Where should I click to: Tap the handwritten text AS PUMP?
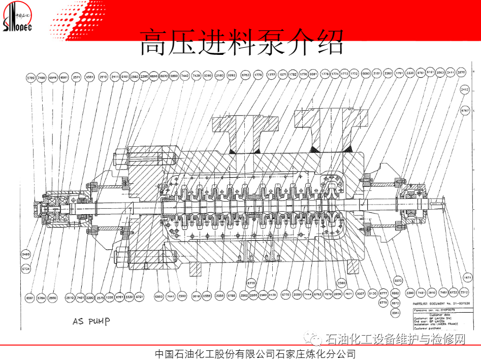pos(91,321)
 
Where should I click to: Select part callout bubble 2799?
pos(31,77)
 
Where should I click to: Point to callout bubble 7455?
pos(42,77)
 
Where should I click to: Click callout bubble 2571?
pos(77,77)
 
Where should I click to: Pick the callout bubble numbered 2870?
pos(461,73)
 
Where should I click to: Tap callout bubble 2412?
pos(464,90)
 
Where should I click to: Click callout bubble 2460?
pos(25,254)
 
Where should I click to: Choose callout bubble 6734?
pos(25,269)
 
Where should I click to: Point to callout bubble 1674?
pos(467,277)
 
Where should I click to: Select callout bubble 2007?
pos(361,294)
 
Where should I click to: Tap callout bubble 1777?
pos(271,75)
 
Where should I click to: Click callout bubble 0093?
pos(366,74)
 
